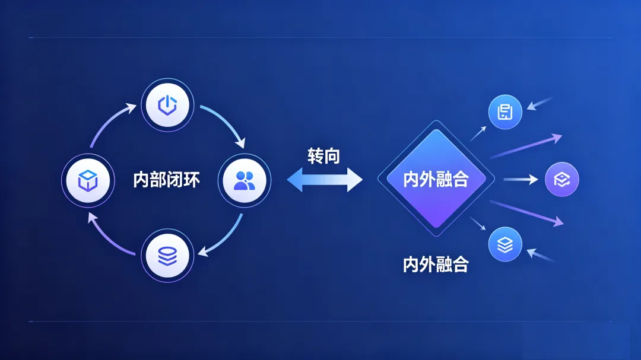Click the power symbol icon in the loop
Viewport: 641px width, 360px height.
(x=167, y=106)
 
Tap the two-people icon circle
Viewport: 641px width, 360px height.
(x=244, y=180)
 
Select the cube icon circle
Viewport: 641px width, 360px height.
(x=88, y=179)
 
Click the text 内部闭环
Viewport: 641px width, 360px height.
(x=166, y=180)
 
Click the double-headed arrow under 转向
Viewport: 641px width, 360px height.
(x=325, y=179)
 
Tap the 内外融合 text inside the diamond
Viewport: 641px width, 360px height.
(x=436, y=180)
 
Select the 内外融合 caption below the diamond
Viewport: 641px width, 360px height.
(x=436, y=265)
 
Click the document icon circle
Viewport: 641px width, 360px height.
(x=505, y=112)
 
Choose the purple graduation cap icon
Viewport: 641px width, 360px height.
(x=561, y=179)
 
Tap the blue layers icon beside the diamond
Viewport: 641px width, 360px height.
(x=505, y=244)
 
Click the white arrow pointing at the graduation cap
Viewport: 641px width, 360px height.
(x=521, y=179)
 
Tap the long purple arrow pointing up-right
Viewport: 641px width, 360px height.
(x=526, y=146)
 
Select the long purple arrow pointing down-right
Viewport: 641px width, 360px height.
(x=526, y=212)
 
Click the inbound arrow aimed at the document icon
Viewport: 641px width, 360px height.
(x=540, y=104)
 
